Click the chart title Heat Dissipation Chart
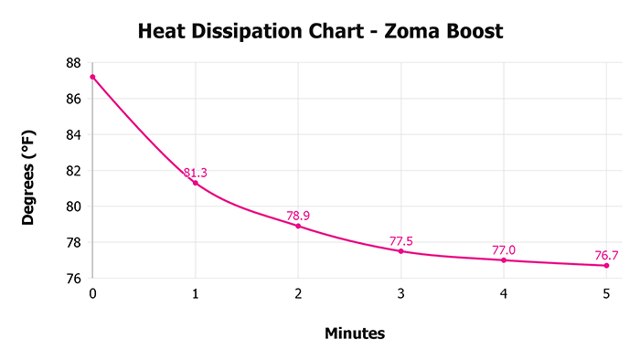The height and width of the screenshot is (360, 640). pos(319,32)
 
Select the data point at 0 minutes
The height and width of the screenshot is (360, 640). pos(92,77)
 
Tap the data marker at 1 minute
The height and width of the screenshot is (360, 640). pos(196,183)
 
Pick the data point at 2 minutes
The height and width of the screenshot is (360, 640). pos(298,226)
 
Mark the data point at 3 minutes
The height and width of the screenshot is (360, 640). pos(400,251)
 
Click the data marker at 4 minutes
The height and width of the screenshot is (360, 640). pos(504,260)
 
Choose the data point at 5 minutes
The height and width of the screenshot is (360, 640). pos(606,265)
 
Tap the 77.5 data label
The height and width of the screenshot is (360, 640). pos(401,241)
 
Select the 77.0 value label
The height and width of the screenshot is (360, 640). pos(504,249)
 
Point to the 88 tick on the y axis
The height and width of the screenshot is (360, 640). pos(73,63)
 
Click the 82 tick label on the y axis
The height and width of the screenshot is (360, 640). pos(73,171)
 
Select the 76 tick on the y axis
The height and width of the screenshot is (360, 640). pos(73,279)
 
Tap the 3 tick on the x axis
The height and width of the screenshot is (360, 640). pos(400,294)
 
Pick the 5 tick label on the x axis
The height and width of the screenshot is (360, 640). pos(606,294)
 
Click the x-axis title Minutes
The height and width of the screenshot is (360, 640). pos(355,334)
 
